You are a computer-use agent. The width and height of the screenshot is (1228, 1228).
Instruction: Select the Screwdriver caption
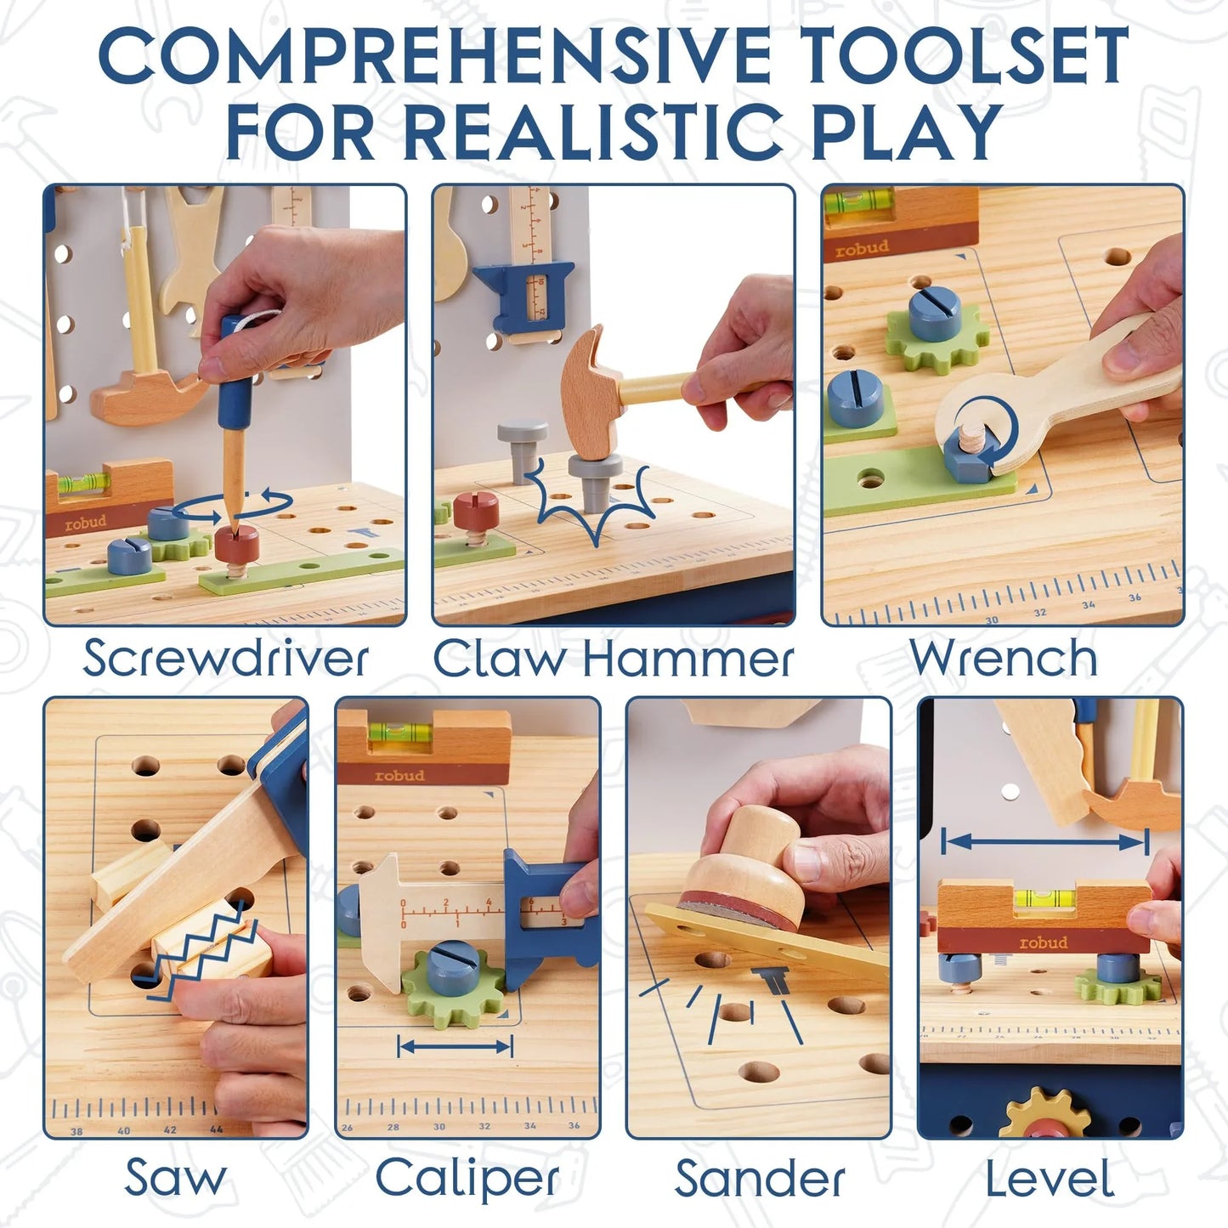click(225, 659)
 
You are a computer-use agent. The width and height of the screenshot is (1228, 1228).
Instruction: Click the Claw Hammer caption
click(614, 659)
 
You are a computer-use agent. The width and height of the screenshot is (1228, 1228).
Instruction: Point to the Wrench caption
click(1003, 659)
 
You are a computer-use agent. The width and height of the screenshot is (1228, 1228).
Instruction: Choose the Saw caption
click(176, 1178)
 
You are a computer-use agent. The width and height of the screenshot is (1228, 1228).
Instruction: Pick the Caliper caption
click(467, 1178)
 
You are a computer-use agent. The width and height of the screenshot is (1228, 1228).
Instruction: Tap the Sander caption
click(760, 1180)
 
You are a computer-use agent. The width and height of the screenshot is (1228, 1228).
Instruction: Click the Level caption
click(1050, 1180)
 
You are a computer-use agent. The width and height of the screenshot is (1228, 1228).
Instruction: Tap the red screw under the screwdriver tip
click(236, 544)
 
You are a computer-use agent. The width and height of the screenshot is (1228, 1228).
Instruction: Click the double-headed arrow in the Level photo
click(1045, 842)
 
